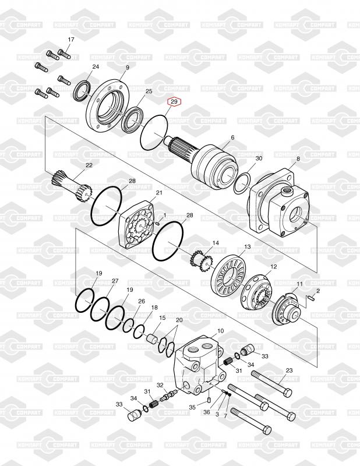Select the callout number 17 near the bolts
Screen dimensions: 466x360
[x=71, y=39]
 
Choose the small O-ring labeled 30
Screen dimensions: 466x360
[x=243, y=182]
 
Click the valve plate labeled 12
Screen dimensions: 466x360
[x=259, y=291]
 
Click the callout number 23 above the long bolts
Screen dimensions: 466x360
[x=289, y=370]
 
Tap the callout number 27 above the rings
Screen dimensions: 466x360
[x=115, y=281]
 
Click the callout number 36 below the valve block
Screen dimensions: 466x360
[x=206, y=412]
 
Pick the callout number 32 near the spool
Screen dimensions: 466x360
[x=160, y=385]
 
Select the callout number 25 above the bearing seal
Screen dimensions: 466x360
[x=149, y=91]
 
